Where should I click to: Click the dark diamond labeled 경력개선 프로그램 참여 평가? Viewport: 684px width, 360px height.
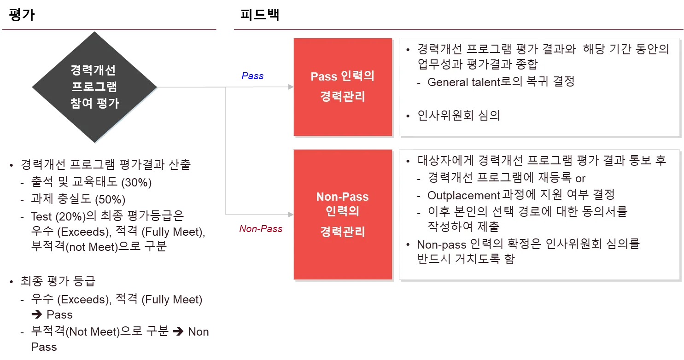94,87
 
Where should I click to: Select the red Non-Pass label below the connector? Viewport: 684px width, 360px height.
261,228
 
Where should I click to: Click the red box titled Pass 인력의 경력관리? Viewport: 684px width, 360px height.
342,87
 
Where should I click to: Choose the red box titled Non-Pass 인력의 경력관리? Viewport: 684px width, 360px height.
342,214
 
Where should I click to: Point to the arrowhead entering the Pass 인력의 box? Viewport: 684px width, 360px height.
290,87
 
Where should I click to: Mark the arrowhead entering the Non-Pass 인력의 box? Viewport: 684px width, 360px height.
290,215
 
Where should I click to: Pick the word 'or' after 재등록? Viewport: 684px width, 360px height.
580,178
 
